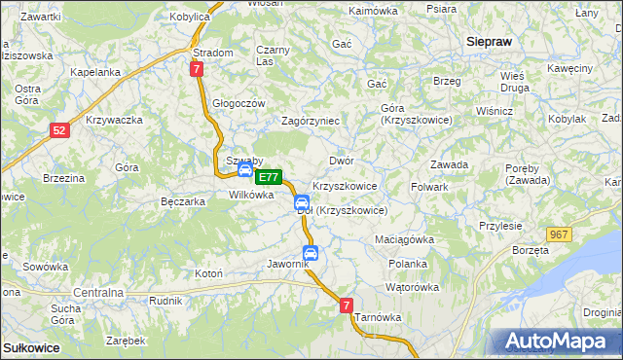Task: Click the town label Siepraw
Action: click(490, 42)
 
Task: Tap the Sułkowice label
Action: click(31, 346)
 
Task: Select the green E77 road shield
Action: click(269, 178)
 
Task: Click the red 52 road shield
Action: click(60, 130)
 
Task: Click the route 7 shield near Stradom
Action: click(197, 69)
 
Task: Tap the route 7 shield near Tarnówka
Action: click(347, 306)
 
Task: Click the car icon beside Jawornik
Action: click(310, 253)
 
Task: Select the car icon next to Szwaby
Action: click(245, 170)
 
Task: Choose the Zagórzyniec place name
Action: click(310, 121)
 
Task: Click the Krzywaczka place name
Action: click(114, 120)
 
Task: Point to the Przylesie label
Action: click(500, 225)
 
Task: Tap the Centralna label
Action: click(98, 292)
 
